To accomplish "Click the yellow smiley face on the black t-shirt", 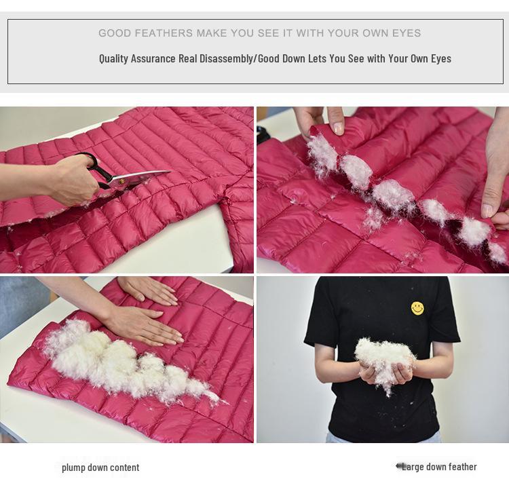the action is point(417,308).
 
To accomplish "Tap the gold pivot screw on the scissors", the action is point(122,180).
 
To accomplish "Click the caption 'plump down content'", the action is point(100,468).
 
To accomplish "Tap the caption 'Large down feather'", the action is point(439,467).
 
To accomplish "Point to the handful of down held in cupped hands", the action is point(384,361).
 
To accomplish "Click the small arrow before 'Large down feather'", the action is point(399,465).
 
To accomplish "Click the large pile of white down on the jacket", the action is point(130,364).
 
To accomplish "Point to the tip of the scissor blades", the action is point(170,172).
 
